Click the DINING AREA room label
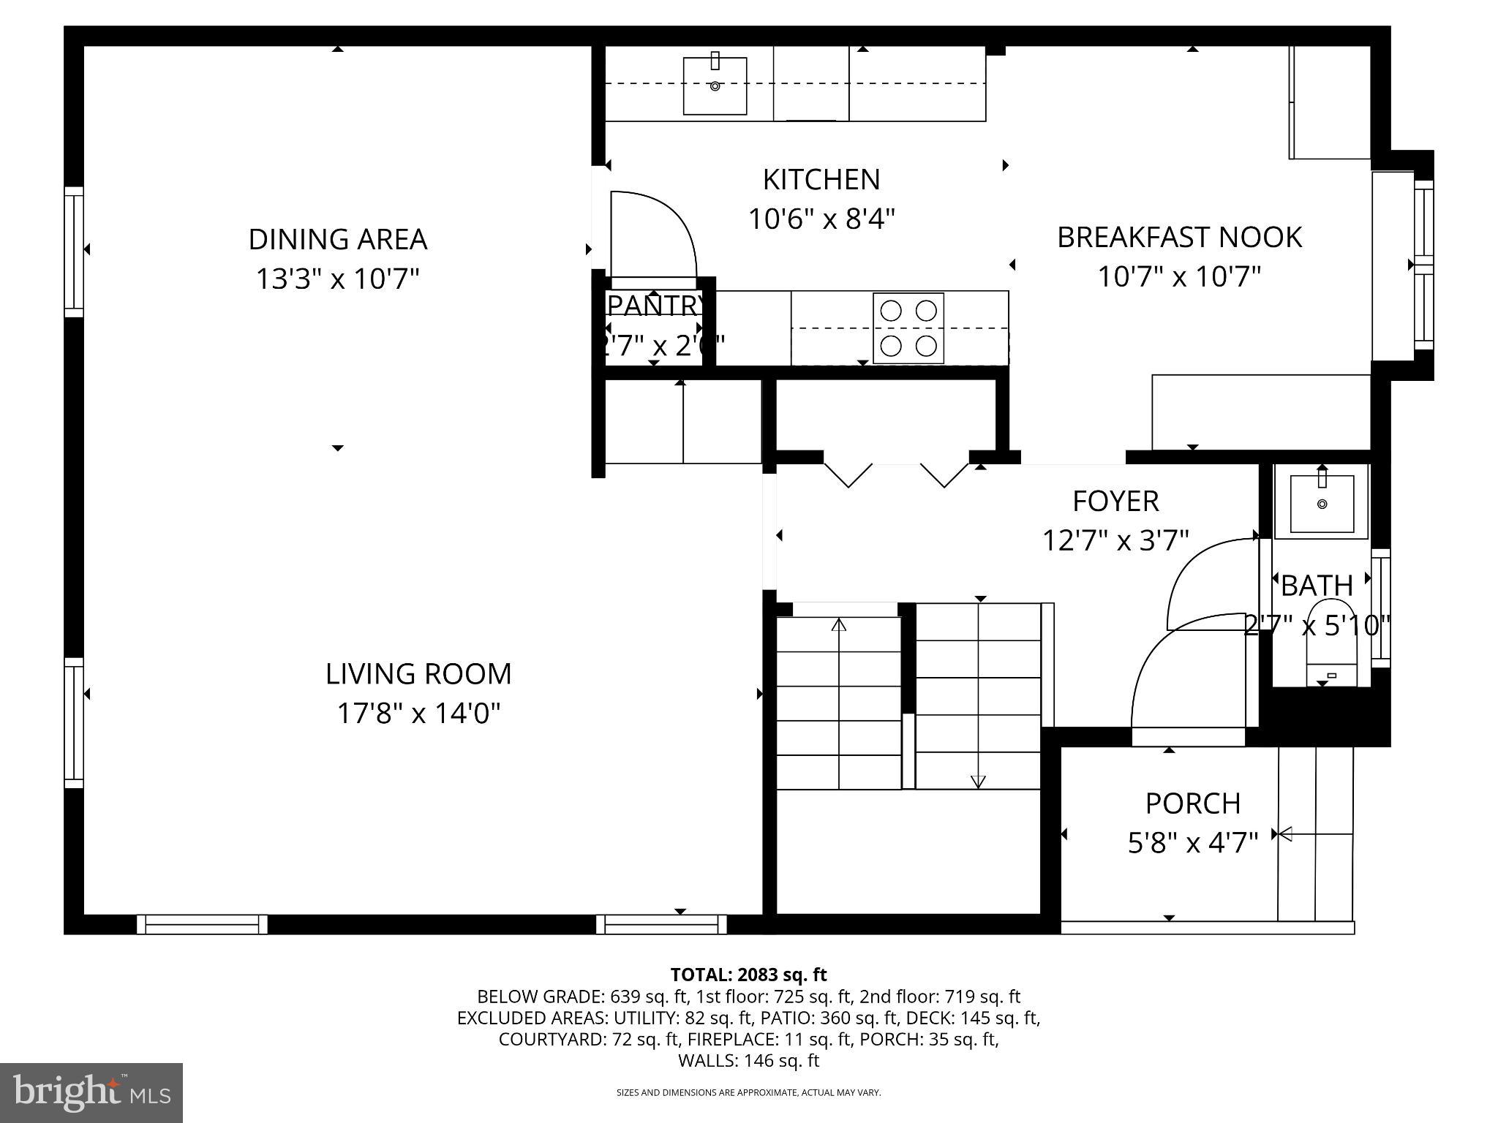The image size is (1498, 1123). (x=337, y=239)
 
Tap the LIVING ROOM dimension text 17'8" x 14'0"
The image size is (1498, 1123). (x=418, y=713)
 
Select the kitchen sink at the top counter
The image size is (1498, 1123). (x=715, y=86)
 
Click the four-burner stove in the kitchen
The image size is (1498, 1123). (x=908, y=328)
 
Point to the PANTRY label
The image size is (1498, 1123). (x=655, y=305)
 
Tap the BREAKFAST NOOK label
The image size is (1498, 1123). (x=1179, y=237)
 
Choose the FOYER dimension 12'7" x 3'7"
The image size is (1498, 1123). (x=1115, y=540)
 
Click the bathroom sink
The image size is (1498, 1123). (x=1321, y=502)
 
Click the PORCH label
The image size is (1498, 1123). (x=1192, y=804)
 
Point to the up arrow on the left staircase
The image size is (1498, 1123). (x=839, y=625)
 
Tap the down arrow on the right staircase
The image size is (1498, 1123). (x=978, y=781)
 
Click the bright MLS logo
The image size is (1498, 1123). (x=91, y=1092)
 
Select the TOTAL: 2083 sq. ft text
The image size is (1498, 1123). (x=748, y=975)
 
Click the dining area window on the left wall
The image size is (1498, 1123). (x=74, y=252)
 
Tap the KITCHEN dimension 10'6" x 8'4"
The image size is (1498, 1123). (x=821, y=219)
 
